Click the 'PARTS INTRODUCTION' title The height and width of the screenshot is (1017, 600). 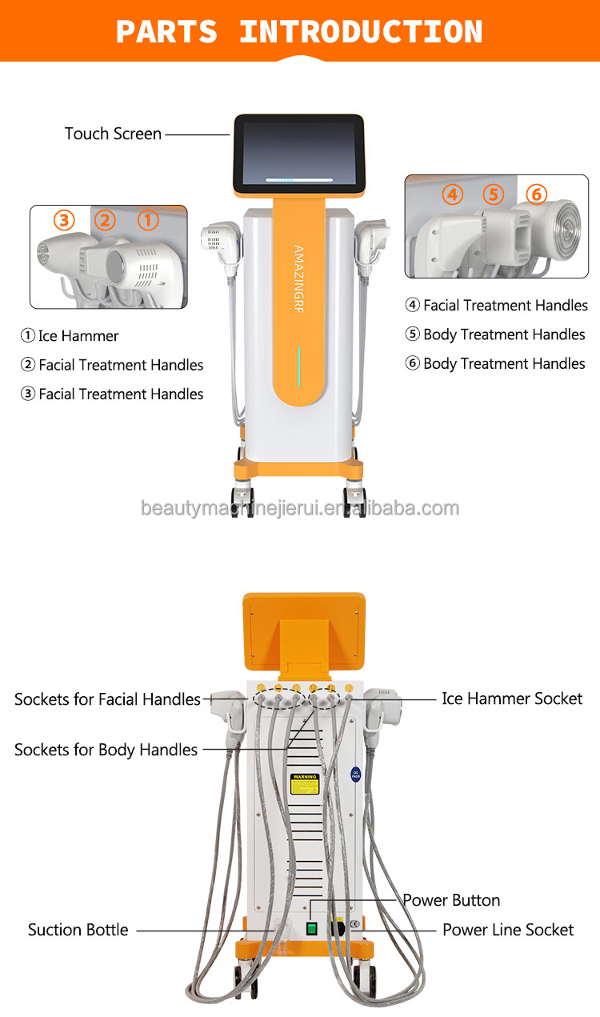point(299,31)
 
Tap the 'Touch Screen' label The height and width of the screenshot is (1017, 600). point(113,134)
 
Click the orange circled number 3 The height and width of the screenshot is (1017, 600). point(64,220)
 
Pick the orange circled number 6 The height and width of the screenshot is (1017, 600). point(535,194)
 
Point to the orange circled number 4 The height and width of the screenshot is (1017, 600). point(453,194)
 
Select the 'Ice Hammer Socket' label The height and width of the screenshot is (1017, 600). point(512,699)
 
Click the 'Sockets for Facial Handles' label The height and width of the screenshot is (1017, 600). point(107,699)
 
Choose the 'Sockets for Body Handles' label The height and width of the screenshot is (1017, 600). point(106,750)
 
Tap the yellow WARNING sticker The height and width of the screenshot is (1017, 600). point(304,783)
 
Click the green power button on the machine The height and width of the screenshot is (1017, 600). point(312,929)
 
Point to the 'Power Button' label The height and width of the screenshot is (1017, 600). point(451,900)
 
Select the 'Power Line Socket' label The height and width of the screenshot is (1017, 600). point(508,930)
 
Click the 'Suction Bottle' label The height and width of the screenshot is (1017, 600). point(78,930)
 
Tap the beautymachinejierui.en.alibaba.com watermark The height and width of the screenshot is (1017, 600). point(300,508)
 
